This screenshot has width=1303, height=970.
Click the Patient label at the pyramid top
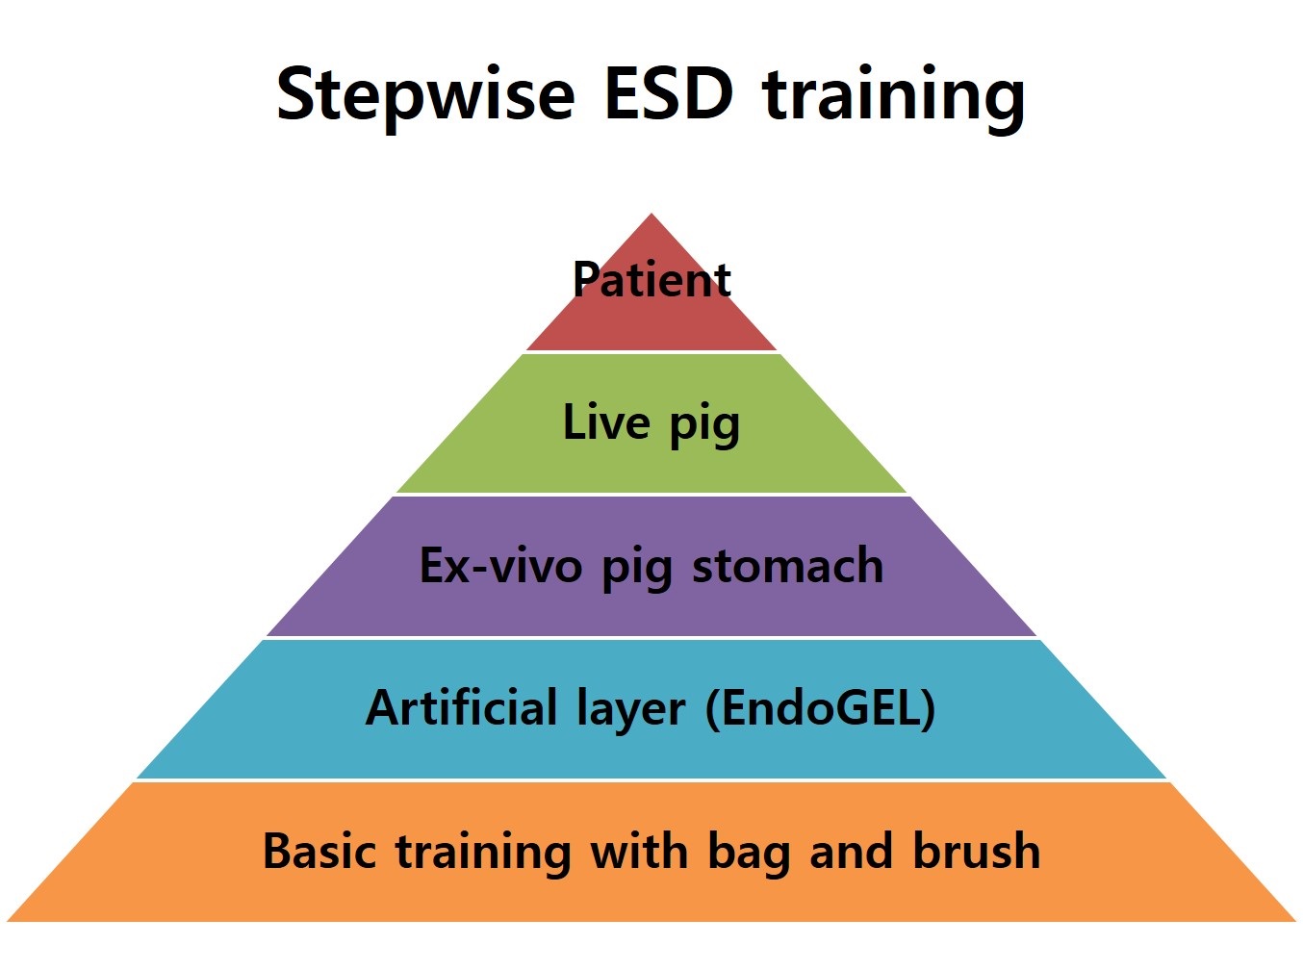[x=651, y=279]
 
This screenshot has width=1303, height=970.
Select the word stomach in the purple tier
[x=788, y=564]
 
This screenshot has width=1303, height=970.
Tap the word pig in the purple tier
[x=637, y=570]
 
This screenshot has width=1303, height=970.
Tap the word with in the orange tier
[x=639, y=850]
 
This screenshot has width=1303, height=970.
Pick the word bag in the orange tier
[x=749, y=855]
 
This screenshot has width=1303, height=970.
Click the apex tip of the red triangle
[x=651, y=214]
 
